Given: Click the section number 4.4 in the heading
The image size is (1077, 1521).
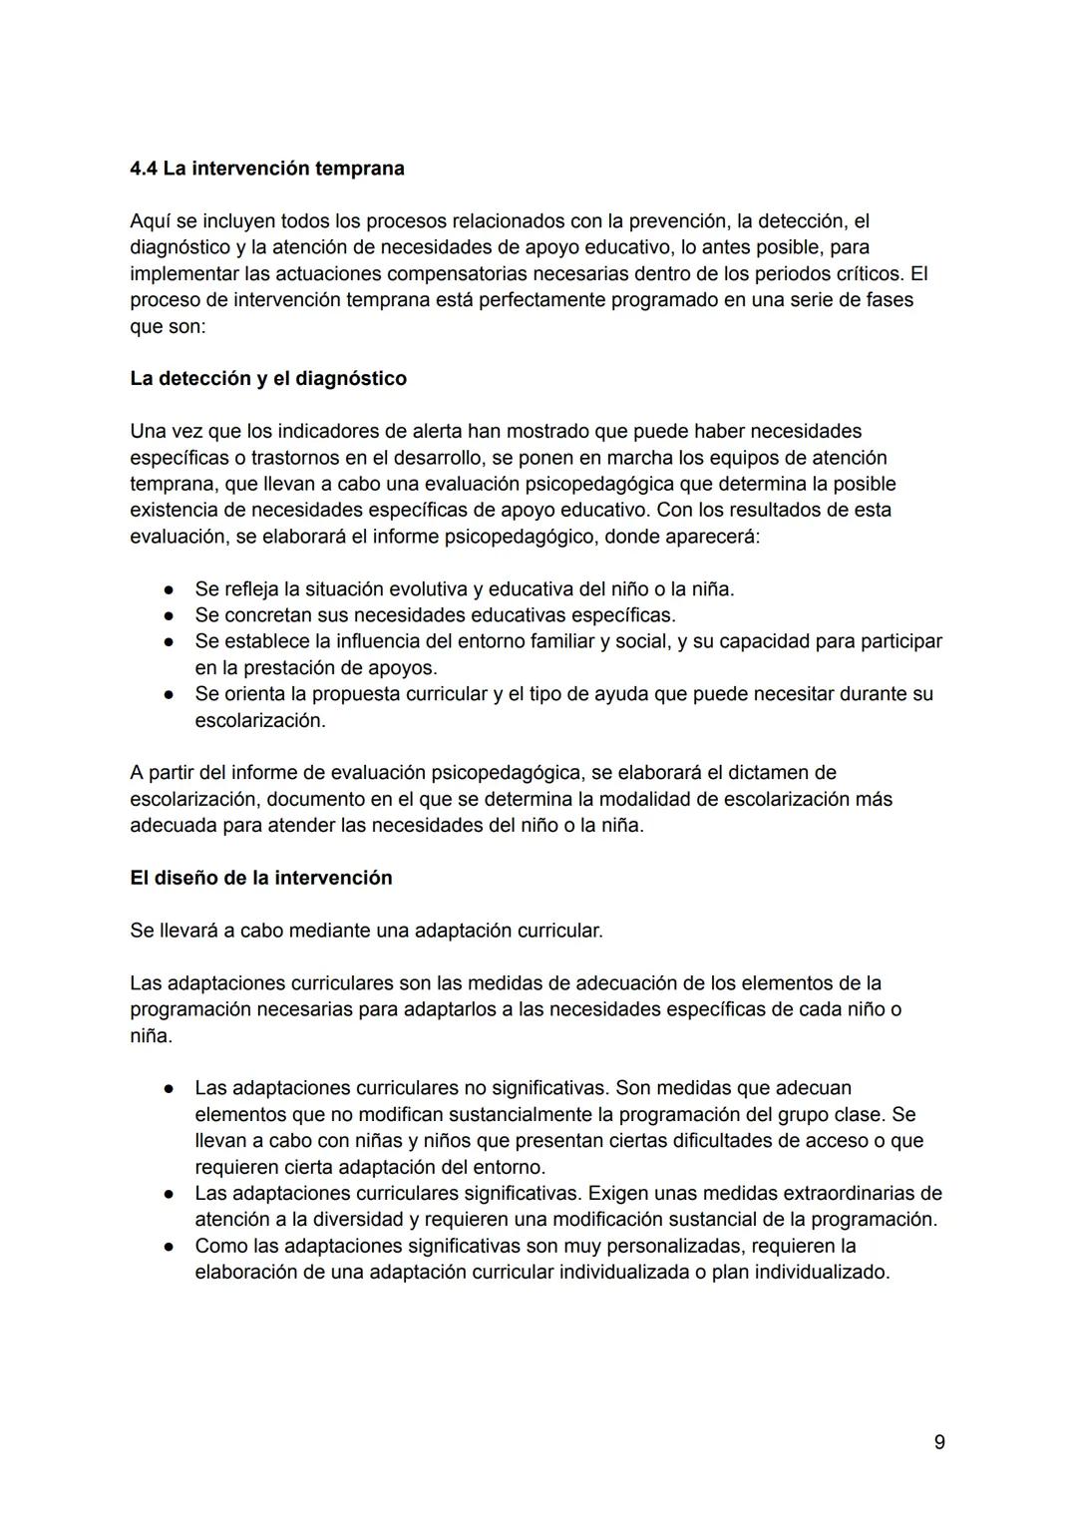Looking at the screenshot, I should click(144, 169).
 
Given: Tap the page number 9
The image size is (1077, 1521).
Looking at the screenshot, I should click(939, 1442).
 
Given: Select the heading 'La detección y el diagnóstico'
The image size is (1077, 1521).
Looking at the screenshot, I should click(268, 379).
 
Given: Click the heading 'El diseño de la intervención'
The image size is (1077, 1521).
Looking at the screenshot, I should click(261, 878).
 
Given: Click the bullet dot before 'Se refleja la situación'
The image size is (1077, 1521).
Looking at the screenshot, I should click(171, 589).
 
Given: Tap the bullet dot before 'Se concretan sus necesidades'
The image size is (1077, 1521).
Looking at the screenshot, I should click(171, 615).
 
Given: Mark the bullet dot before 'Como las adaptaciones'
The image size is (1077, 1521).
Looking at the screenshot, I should click(171, 1247).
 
